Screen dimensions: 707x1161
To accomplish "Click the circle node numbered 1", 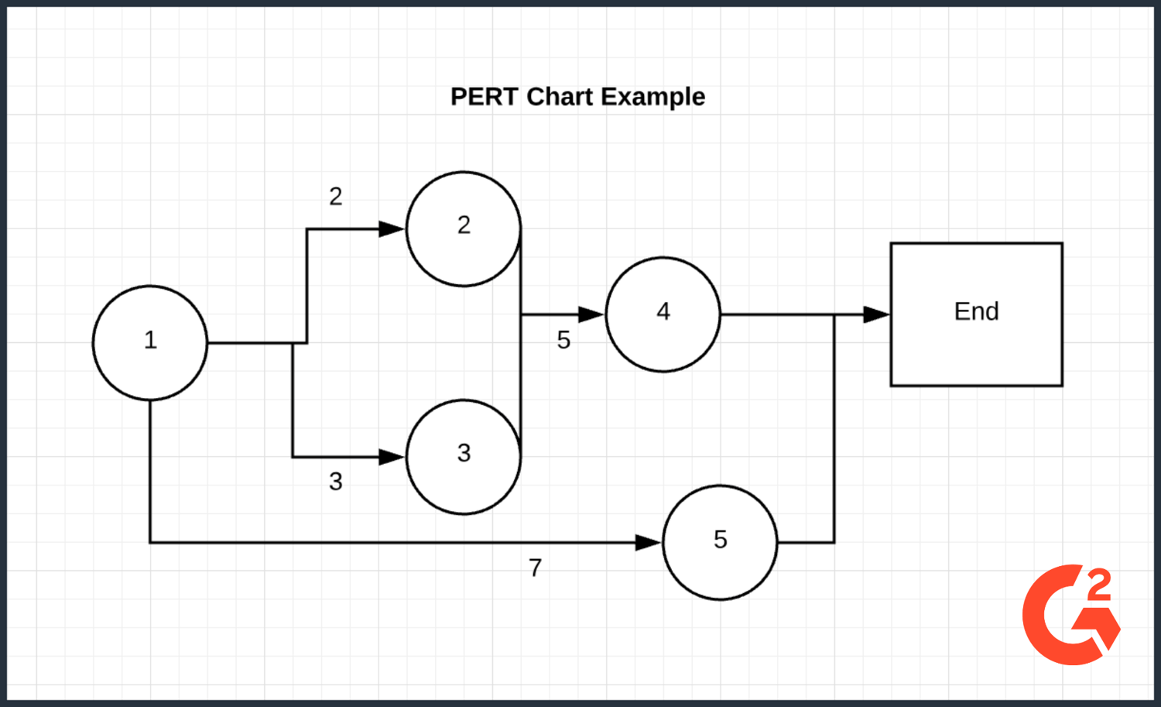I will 150,342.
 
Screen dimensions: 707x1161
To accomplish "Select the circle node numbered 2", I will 463,228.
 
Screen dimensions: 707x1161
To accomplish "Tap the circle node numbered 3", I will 463,457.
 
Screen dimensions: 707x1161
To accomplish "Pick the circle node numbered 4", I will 663,314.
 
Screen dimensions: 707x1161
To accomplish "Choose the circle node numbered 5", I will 720,542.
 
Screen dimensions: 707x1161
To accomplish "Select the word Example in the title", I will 652,97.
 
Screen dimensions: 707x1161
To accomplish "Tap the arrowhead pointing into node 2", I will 392,228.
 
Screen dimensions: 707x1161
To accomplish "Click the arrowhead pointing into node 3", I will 392,457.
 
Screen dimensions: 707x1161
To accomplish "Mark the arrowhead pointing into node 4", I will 591,314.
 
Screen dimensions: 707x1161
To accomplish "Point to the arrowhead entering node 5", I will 648,543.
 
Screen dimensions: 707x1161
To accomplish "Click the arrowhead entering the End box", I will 876,314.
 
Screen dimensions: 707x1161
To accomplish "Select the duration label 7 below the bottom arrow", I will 535,568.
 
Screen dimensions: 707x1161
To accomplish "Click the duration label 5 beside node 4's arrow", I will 563,340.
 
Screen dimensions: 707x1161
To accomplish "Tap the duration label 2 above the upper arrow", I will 335,197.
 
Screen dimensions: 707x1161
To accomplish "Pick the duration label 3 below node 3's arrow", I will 335,482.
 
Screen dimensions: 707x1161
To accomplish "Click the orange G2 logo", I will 1071,615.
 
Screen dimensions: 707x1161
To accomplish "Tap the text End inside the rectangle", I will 976,311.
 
